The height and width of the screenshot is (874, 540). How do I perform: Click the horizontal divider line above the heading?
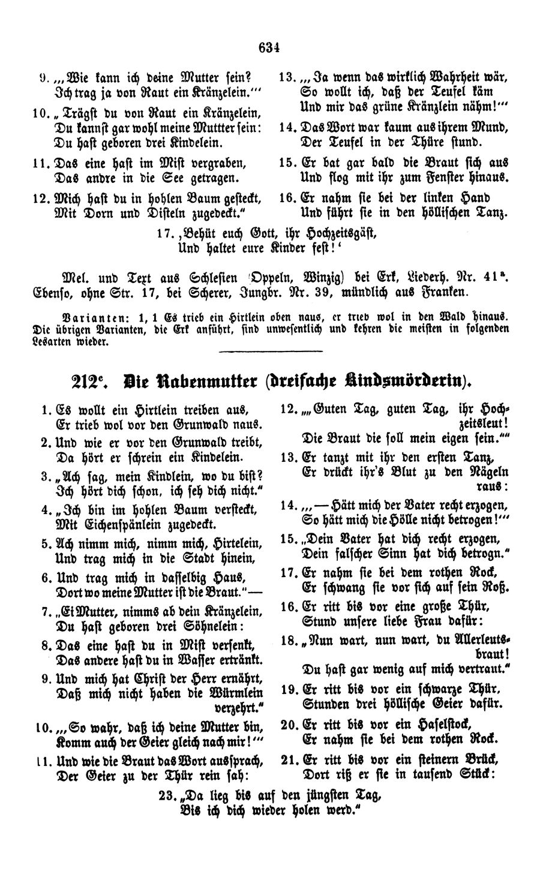point(271,350)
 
